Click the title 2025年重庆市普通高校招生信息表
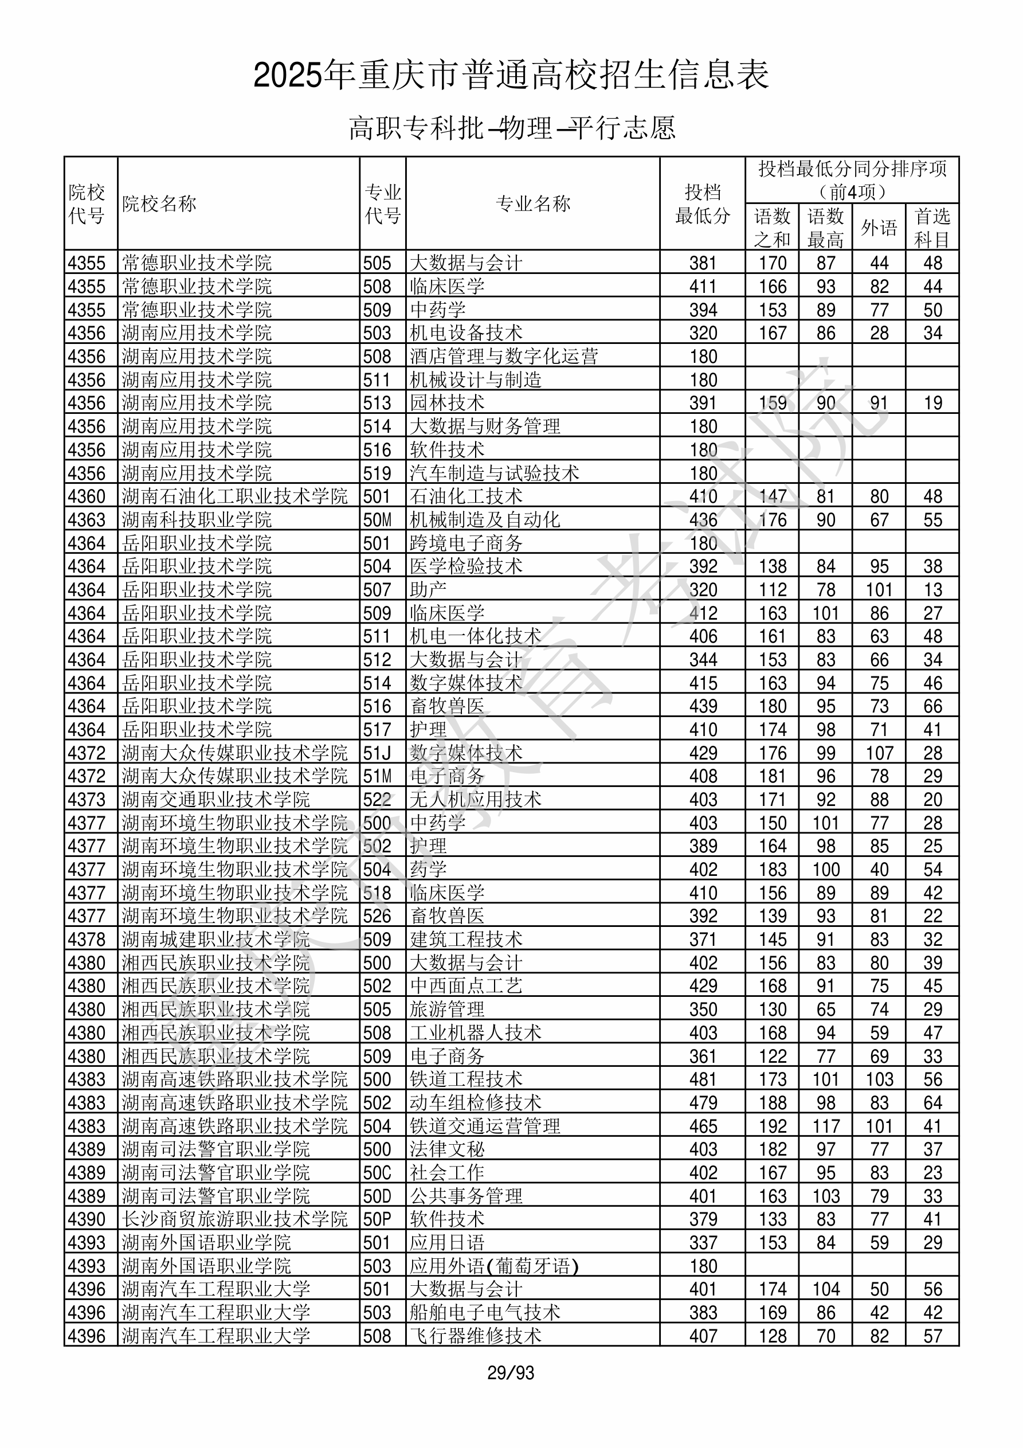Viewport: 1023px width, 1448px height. [x=511, y=76]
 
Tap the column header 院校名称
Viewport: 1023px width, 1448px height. [x=159, y=203]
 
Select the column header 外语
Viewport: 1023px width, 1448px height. [x=879, y=228]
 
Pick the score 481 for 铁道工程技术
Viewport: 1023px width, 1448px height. [x=703, y=1079]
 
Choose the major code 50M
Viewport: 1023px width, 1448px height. [x=377, y=520]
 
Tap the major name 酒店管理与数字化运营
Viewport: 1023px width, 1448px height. [x=503, y=357]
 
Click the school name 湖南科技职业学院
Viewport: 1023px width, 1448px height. [x=197, y=520]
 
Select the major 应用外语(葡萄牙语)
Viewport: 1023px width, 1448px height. [x=494, y=1266]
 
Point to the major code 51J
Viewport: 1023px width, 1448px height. [x=377, y=753]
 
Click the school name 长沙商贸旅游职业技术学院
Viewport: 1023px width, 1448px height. [x=234, y=1219]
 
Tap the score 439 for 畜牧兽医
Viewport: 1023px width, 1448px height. [x=703, y=706]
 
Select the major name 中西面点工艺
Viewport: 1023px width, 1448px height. [x=465, y=986]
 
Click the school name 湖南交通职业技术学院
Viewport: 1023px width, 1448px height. [x=215, y=800]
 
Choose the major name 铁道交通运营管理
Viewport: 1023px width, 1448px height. [x=484, y=1126]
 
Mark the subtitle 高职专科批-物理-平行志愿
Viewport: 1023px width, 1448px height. [x=511, y=128]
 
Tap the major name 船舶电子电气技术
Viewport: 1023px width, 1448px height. [x=484, y=1312]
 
